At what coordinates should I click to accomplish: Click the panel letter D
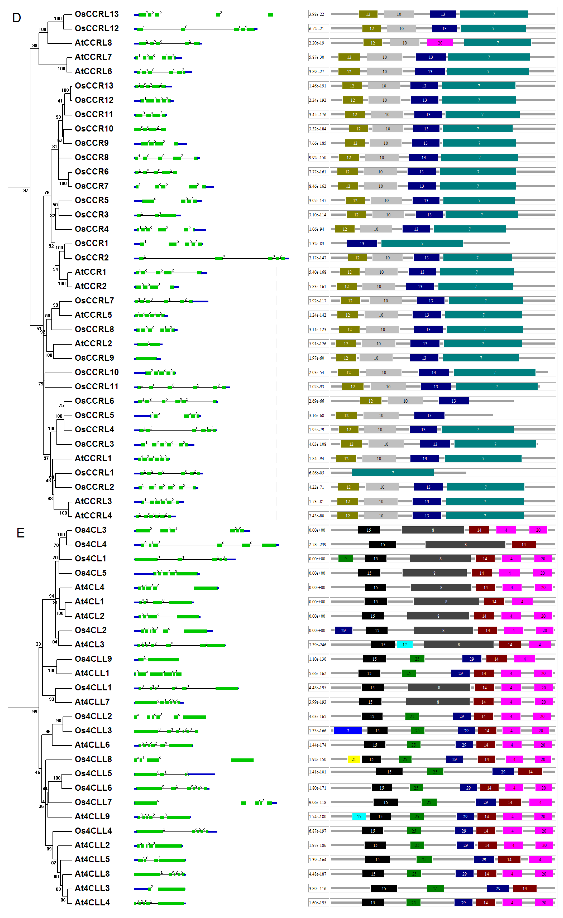click(16, 18)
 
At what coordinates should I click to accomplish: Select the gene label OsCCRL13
click(96, 14)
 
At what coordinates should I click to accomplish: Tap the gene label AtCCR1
click(90, 272)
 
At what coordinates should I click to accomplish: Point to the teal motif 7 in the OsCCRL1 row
click(393, 473)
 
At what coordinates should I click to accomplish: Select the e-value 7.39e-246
click(317, 645)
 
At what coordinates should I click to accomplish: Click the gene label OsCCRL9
click(94, 358)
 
